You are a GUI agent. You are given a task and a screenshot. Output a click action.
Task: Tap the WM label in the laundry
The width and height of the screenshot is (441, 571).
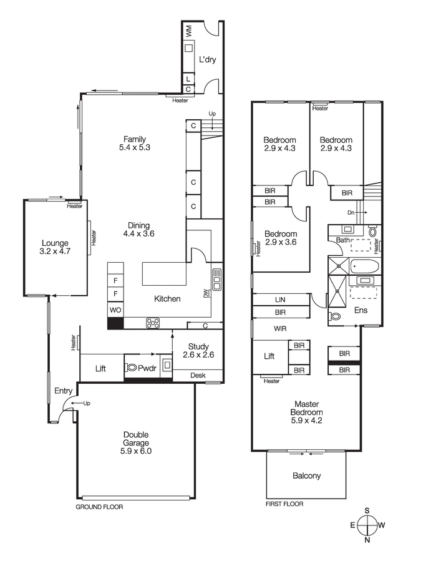click(188, 30)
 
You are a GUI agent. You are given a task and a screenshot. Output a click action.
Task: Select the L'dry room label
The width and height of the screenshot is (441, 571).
click(207, 60)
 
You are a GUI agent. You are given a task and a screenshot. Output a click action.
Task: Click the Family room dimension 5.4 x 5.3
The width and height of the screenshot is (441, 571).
click(135, 148)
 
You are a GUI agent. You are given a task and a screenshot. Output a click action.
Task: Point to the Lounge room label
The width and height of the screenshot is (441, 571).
click(55, 243)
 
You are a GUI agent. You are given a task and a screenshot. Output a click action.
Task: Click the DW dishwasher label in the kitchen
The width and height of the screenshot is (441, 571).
click(206, 293)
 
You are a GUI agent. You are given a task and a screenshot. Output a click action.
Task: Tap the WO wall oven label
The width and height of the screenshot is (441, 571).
click(115, 309)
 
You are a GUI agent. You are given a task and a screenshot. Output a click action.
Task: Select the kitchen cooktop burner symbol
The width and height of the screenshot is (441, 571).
click(153, 323)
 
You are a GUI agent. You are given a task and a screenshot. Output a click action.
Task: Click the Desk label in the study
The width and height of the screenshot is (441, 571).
click(198, 375)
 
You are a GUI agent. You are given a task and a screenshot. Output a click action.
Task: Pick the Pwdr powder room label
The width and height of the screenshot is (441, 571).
click(147, 368)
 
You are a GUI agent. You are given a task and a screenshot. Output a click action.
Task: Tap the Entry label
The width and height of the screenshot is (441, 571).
click(63, 391)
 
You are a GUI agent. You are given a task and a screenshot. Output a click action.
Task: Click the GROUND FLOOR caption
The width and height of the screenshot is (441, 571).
click(99, 507)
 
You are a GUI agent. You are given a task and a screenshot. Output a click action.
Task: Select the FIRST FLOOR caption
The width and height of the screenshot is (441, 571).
click(284, 504)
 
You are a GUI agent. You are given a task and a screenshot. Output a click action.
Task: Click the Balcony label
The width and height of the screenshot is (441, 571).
click(306, 476)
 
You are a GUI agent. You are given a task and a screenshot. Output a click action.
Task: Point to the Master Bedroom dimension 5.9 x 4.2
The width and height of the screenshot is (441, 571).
click(306, 421)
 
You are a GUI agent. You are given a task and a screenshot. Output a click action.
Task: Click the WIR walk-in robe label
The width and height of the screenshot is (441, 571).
click(280, 328)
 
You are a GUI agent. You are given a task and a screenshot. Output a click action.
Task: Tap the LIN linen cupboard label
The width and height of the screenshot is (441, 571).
click(280, 300)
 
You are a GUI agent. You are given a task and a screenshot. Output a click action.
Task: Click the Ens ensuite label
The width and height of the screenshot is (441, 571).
click(361, 310)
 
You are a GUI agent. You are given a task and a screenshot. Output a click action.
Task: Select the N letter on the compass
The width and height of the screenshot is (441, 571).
click(367, 540)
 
